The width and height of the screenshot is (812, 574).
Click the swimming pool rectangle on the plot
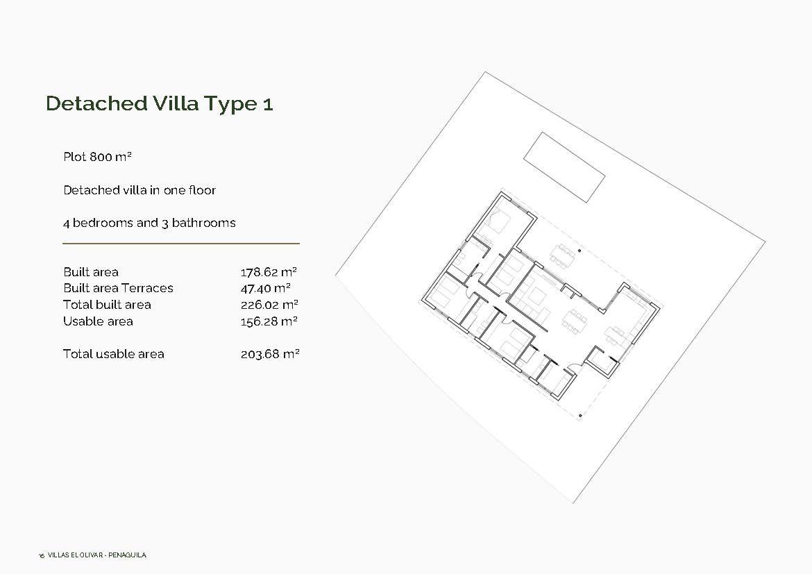point(564,167)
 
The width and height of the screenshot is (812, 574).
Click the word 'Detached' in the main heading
point(96,103)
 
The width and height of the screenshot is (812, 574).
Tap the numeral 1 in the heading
point(268,104)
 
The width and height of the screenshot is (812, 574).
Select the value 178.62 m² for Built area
point(269,272)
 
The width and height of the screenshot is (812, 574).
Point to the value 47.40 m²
point(265,288)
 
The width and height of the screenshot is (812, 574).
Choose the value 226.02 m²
point(269,305)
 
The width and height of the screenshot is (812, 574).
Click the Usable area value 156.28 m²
point(269,321)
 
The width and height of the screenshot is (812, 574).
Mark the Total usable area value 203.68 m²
point(269,354)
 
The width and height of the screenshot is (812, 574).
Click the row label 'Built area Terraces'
point(118,288)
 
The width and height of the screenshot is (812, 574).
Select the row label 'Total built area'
point(107,305)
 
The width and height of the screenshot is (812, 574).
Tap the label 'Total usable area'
point(114,354)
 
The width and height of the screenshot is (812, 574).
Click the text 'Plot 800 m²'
point(97,157)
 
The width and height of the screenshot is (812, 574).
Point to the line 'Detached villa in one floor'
point(139,190)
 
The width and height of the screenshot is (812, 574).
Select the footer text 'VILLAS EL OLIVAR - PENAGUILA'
point(96,555)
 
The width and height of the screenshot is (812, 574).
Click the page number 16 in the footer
point(42,556)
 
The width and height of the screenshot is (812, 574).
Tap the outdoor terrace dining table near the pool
point(563,253)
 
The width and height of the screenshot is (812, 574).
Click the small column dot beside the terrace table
point(580,251)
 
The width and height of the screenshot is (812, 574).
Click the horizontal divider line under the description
point(181,244)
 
